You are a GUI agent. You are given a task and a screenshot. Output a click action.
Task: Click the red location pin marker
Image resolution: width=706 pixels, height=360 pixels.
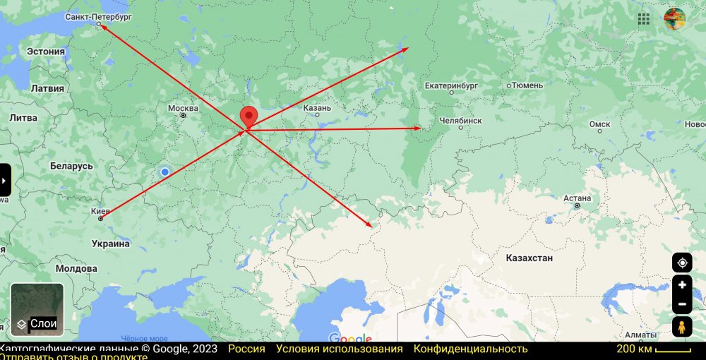(x=249, y=117)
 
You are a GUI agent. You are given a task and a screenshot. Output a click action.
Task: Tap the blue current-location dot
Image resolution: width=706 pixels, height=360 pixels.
(x=164, y=172)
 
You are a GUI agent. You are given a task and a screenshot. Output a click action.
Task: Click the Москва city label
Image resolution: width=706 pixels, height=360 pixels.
(x=183, y=109)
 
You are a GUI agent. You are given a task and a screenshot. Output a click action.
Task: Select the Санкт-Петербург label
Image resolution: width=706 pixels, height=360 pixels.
(x=98, y=16)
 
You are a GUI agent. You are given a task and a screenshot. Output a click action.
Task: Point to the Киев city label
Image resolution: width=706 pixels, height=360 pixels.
(x=101, y=210)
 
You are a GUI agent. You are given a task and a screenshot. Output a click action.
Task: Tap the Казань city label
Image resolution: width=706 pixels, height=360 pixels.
(x=317, y=108)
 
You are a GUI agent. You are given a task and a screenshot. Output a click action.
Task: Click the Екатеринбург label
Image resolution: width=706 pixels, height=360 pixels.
(x=451, y=86)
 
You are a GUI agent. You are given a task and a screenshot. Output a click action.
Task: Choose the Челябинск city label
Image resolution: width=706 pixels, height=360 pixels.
(x=460, y=121)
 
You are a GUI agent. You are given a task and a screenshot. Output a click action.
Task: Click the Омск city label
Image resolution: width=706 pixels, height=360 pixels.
(x=599, y=124)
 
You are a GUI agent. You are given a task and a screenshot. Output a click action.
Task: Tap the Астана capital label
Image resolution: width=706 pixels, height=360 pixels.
(x=577, y=198)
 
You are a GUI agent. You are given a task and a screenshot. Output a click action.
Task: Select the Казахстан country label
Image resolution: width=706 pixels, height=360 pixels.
(x=529, y=258)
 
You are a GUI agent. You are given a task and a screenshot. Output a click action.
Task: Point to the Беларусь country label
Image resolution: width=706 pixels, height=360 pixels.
(x=71, y=166)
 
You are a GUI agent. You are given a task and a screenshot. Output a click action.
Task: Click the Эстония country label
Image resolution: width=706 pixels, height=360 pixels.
(x=46, y=52)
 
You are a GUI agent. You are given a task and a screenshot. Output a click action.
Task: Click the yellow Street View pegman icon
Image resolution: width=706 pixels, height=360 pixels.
(x=682, y=328)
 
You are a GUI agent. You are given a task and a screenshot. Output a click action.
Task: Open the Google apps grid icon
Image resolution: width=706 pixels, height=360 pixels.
(x=644, y=19)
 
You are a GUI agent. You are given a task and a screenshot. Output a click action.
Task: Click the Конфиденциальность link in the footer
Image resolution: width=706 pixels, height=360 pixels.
(x=470, y=349)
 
